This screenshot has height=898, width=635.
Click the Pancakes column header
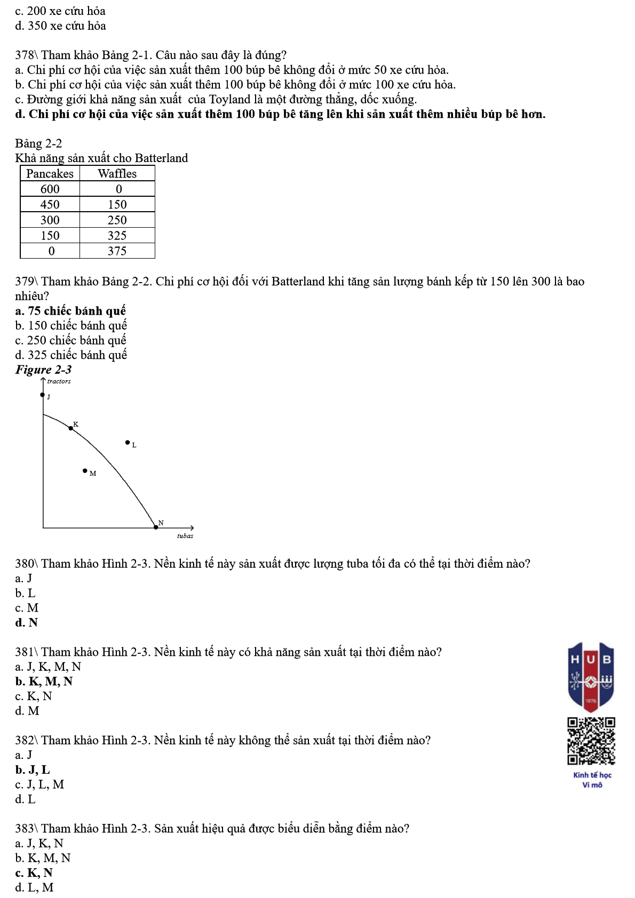click(50, 173)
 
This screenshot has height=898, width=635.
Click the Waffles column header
click(117, 173)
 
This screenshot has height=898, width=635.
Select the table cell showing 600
click(50, 189)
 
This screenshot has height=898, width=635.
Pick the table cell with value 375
click(117, 251)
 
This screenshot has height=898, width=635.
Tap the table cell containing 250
click(117, 220)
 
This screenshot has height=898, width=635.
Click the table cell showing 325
click(117, 235)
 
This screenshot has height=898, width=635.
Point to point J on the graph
click(43, 395)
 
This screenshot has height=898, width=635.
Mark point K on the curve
click(71, 428)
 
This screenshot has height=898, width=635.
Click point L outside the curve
click(127, 442)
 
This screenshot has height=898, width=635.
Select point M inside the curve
click(85, 470)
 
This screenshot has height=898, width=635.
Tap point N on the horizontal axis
click(155, 527)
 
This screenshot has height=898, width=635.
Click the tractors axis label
click(59, 381)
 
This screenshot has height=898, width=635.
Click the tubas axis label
click(185, 536)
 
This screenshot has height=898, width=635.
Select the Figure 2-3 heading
click(43, 370)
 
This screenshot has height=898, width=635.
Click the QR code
click(591, 741)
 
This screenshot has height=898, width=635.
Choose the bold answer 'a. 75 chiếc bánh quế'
click(70, 310)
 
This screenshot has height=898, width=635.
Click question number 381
click(26, 652)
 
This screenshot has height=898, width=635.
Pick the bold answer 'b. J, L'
click(33, 769)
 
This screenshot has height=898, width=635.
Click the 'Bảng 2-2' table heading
click(38, 143)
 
